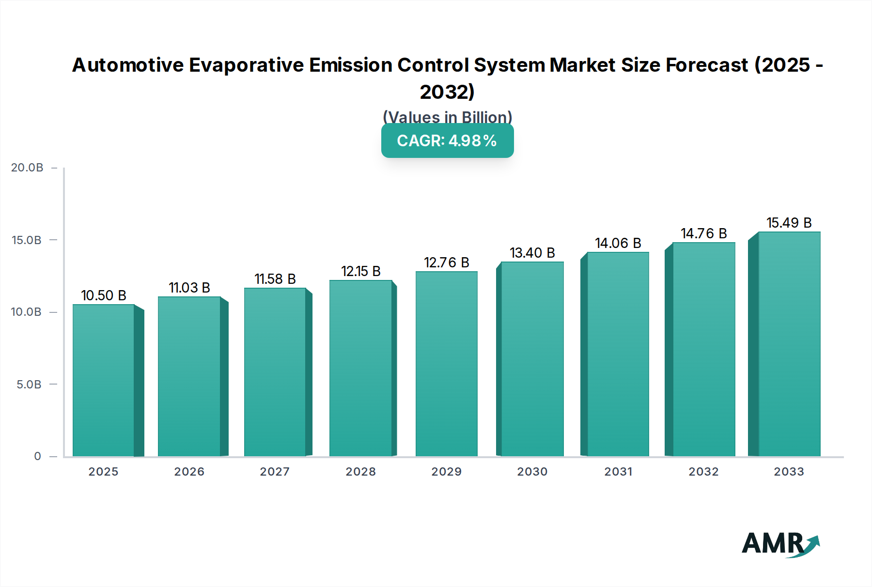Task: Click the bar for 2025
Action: pyautogui.click(x=104, y=380)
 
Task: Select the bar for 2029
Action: pyautogui.click(x=446, y=364)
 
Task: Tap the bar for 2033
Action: pyautogui.click(x=789, y=344)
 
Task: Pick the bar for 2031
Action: pyautogui.click(x=618, y=354)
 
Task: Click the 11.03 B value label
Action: pyautogui.click(x=189, y=288)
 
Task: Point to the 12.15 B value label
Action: pyautogui.click(x=361, y=271)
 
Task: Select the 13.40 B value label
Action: pyautogui.click(x=532, y=253)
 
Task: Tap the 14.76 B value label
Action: pyautogui.click(x=703, y=233)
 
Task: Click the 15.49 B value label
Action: pyautogui.click(x=789, y=223)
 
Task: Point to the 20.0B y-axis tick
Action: pyautogui.click(x=27, y=168)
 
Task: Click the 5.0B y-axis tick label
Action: pyautogui.click(x=29, y=385)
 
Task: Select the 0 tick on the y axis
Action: pyautogui.click(x=37, y=456)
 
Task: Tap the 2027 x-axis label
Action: pyautogui.click(x=275, y=472)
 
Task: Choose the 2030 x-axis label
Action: pyautogui.click(x=532, y=472)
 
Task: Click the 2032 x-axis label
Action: pyautogui.click(x=703, y=472)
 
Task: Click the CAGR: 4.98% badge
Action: pyautogui.click(x=447, y=141)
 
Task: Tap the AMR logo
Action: pyautogui.click(x=780, y=544)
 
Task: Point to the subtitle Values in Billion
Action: pyautogui.click(x=447, y=117)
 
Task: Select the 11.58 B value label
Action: pyautogui.click(x=275, y=279)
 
